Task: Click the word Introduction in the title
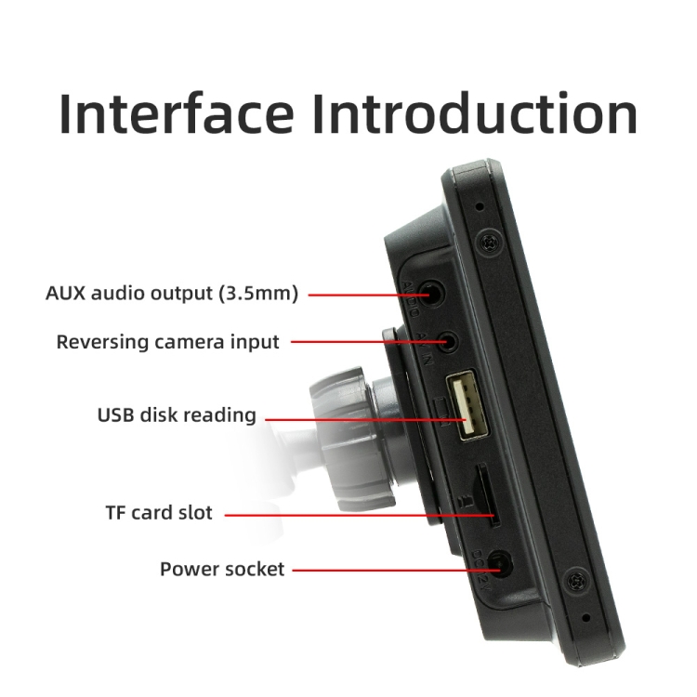point(474,114)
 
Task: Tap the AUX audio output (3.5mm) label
point(172,294)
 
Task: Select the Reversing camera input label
point(167,342)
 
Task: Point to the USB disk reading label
point(177,414)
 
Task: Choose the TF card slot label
point(159,513)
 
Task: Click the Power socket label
point(222,569)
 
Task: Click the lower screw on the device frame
point(577,583)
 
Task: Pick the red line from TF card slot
point(353,513)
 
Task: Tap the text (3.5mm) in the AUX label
point(259,294)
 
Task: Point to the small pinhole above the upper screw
point(480,206)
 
